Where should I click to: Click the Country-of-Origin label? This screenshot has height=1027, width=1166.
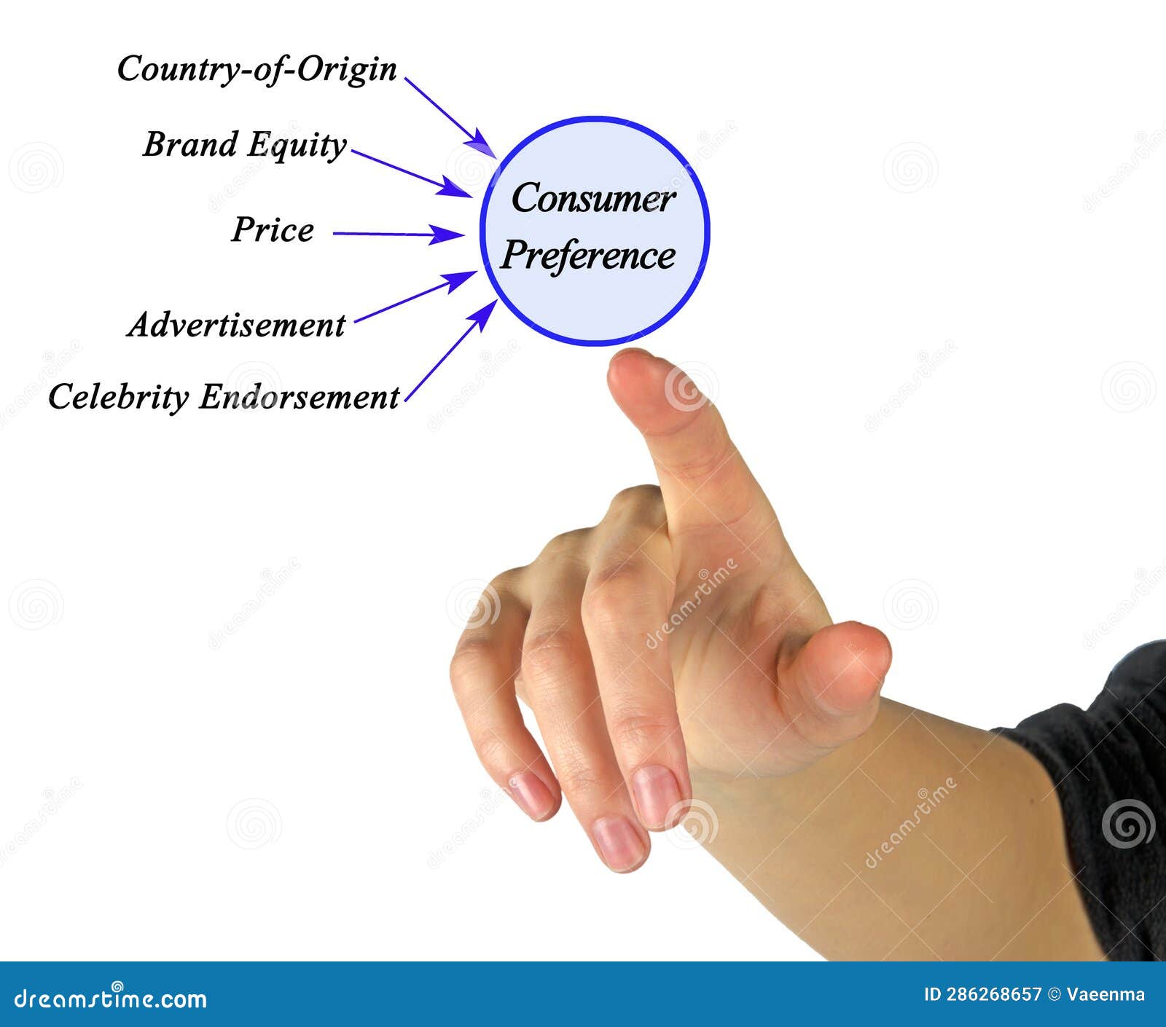[257, 70]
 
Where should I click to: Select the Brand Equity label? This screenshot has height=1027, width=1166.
[244, 144]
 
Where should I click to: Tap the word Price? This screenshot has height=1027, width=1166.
[273, 230]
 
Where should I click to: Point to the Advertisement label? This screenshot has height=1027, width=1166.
[236, 325]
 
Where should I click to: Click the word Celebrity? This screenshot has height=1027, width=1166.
[118, 398]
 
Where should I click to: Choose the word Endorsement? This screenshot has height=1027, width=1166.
[299, 398]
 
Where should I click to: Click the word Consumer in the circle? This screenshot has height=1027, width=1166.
[593, 199]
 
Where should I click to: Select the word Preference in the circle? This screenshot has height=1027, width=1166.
[588, 256]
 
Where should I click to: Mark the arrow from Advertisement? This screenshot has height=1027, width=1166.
[414, 296]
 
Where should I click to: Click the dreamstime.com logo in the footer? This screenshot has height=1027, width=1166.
[111, 998]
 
